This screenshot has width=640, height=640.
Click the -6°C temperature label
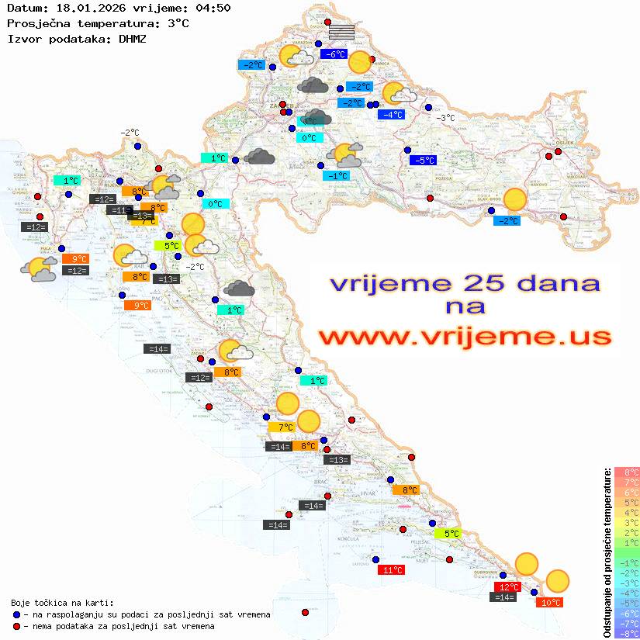coord(333,54)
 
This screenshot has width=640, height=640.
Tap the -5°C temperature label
coord(423,161)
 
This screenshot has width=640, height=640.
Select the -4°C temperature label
coord(391,115)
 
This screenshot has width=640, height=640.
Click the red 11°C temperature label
coord(391,570)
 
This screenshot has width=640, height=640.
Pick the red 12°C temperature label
coord(508,587)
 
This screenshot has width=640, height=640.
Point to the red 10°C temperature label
coord(551,602)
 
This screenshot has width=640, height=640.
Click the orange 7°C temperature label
coord(281,427)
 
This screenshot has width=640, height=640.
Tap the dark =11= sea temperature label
coord(119,210)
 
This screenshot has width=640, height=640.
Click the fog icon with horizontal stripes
coord(341,32)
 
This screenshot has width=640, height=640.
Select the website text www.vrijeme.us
coord(464,337)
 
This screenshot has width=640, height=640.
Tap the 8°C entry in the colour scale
coord(627,472)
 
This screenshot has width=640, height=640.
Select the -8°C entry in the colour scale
coord(627,633)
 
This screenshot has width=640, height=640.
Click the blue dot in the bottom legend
coord(17,614)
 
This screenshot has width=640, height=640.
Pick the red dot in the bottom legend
coord(17,626)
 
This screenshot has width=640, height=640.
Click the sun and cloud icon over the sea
coord(39,269)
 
